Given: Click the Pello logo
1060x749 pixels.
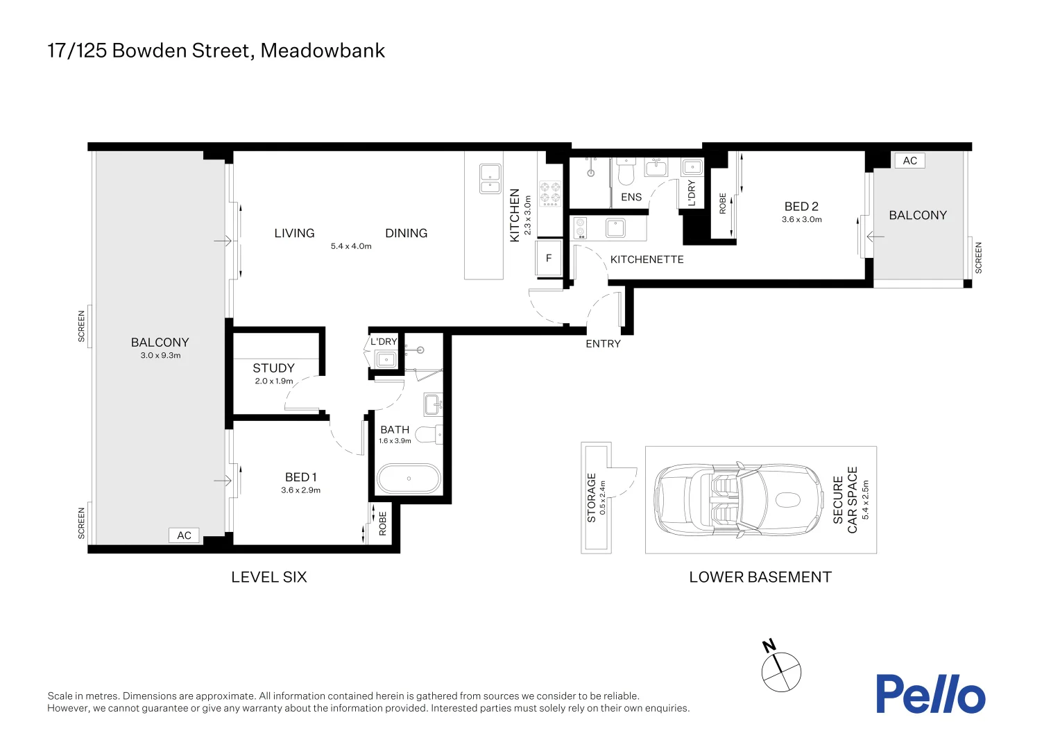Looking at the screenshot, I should point(930,694).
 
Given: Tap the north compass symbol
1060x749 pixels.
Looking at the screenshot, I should point(781,671).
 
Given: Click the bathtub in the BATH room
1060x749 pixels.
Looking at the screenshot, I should point(409,479).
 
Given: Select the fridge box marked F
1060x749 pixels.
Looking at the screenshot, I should point(549,259).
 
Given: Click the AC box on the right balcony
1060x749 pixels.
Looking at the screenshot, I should point(909,161).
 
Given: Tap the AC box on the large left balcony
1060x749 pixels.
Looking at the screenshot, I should point(184,535).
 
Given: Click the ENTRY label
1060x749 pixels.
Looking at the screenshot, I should point(603,344).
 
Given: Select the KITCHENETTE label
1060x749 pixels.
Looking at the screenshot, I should point(647,259).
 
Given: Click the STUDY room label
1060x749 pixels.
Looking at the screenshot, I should point(273,368).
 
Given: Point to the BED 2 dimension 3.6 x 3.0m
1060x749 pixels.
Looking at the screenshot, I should point(801,220).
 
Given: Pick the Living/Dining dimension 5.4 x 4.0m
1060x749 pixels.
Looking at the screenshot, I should point(351,246).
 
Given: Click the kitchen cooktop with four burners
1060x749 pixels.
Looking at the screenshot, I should point(550,193).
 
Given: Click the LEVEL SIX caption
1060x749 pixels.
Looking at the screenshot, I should point(268,577).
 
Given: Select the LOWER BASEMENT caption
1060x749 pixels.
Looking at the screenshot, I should point(760,577).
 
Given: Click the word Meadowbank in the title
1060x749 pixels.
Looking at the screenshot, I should point(323,51).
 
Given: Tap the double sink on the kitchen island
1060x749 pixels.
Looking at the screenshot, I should point(490,178).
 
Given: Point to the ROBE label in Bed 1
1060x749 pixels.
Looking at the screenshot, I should point(382,524).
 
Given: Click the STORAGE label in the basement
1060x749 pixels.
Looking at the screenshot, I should point(592,497).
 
